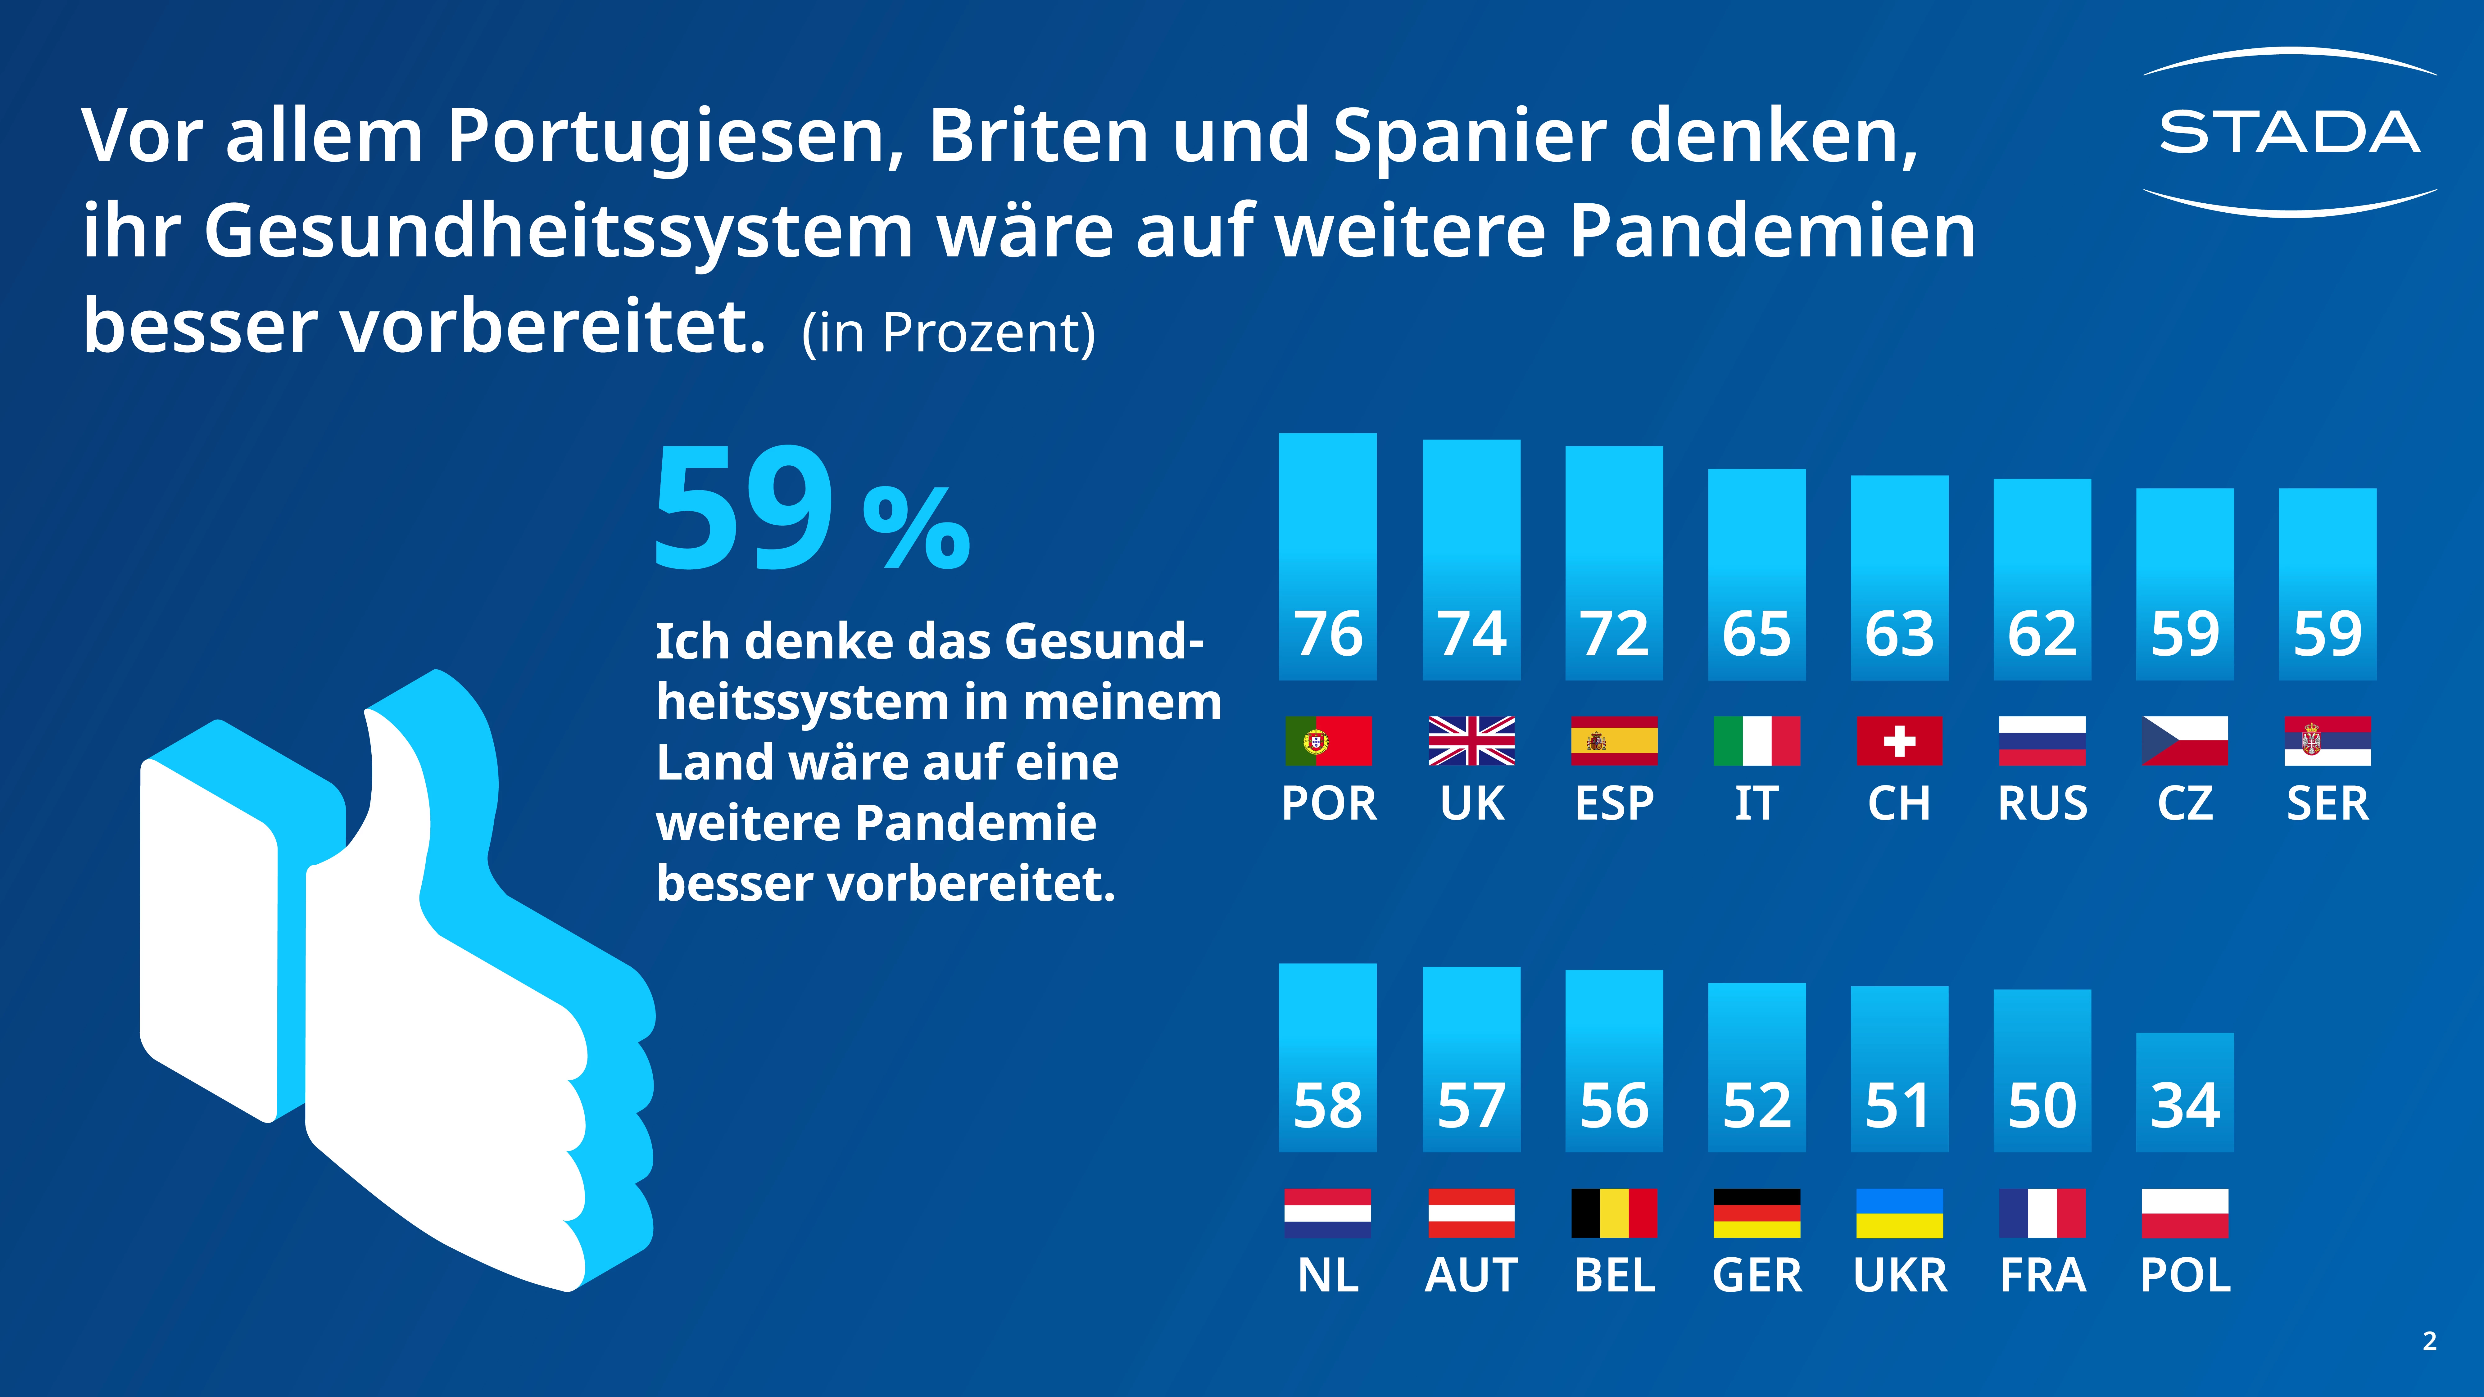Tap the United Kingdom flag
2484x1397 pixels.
coord(1471,740)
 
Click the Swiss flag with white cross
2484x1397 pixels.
coord(1899,740)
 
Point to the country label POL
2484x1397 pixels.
coord(2185,1275)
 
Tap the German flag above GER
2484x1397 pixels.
coord(1756,1213)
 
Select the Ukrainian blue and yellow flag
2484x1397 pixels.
coord(1899,1213)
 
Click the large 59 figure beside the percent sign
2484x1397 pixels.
coord(742,508)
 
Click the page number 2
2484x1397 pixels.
coord(2429,1341)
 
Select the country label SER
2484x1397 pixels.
coord(2327,803)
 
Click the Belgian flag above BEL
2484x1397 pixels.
coord(1614,1213)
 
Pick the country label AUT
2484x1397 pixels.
coord(1471,1275)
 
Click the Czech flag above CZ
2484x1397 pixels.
coord(2185,740)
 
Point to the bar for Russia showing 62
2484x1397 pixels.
coord(2042,578)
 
